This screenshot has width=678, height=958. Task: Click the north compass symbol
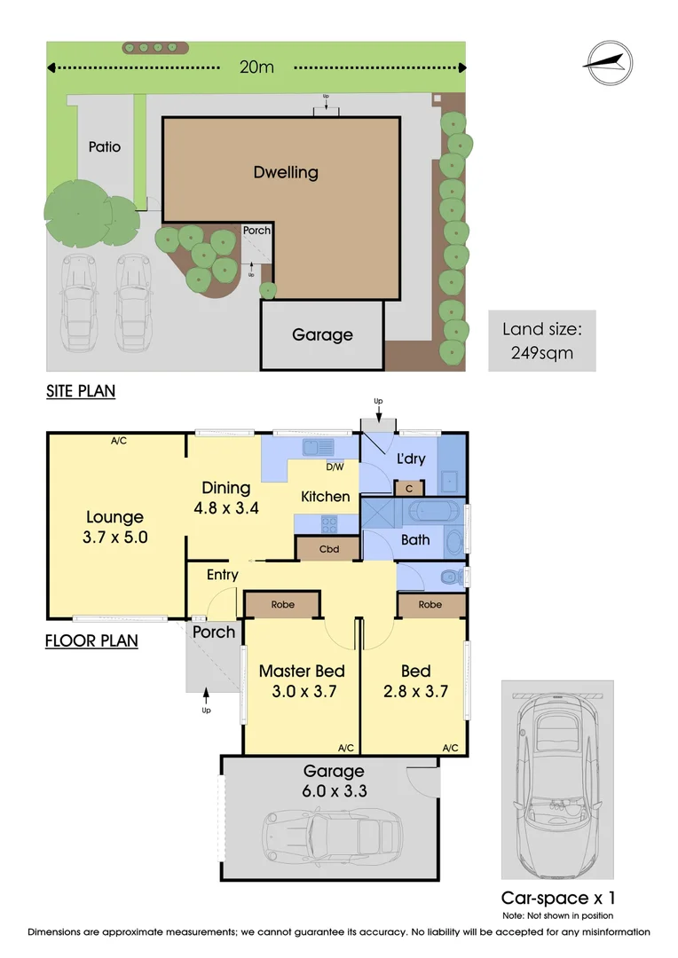607,63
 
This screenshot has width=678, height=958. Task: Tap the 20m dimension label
256,67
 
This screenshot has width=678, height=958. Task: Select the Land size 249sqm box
541,341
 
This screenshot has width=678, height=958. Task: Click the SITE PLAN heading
81,391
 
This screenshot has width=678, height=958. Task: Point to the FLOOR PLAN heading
91,640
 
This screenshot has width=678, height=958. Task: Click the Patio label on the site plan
105,146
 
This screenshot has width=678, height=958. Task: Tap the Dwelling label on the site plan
286,172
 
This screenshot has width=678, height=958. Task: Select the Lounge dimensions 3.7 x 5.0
115,537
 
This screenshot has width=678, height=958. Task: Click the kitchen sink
319,448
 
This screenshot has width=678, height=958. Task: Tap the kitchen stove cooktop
329,524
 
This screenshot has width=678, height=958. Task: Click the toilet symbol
453,577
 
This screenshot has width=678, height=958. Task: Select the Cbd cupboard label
329,549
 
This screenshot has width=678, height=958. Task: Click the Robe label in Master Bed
282,604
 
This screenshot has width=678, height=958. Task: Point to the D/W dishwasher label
335,467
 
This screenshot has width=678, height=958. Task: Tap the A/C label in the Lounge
119,441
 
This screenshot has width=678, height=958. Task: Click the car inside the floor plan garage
332,834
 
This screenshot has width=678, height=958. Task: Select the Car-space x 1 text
557,898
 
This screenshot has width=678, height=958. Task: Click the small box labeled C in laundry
409,488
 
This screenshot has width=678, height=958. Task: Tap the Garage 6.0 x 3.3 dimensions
334,790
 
